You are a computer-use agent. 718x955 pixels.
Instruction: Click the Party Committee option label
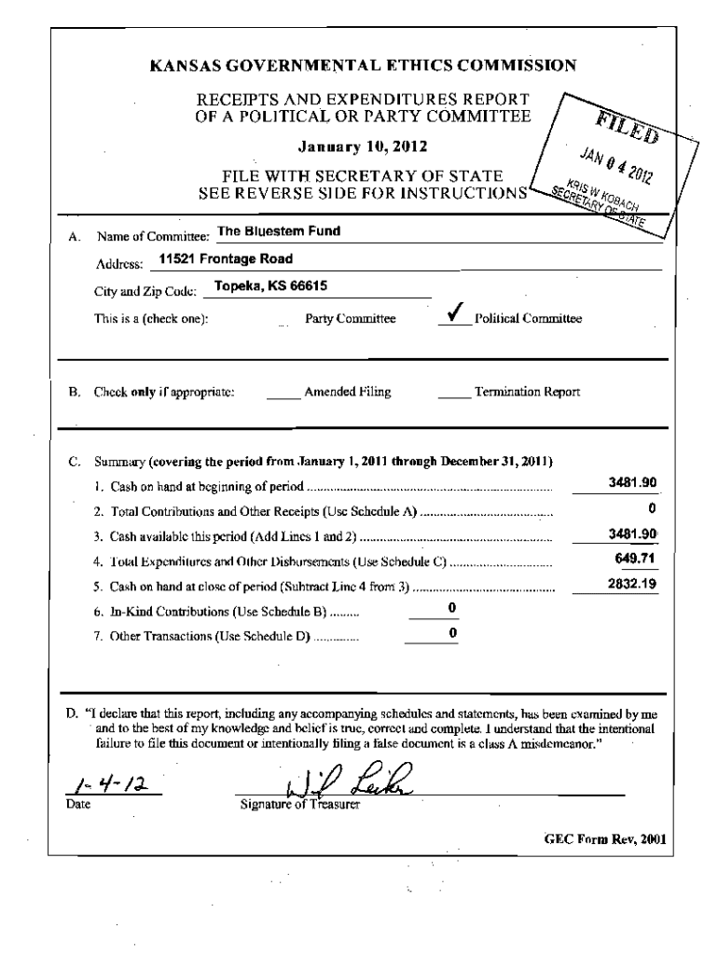tap(351, 319)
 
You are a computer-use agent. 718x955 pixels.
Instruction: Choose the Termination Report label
tap(528, 393)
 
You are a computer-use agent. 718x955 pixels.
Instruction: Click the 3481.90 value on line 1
tap(633, 482)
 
